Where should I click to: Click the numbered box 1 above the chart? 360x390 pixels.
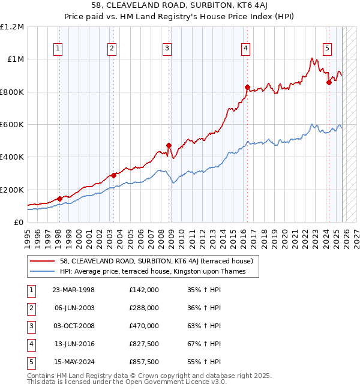point(59,49)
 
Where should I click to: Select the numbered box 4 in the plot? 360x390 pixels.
point(246,49)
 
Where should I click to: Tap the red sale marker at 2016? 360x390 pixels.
point(247,87)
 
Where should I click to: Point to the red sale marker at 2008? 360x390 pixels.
point(169,145)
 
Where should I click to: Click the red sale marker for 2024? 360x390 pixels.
point(328,83)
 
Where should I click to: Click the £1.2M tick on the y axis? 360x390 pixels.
point(12,27)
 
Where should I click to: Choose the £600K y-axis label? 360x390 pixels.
point(12,125)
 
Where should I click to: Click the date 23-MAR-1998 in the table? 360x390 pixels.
point(74,290)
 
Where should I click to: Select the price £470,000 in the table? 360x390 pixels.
point(144,326)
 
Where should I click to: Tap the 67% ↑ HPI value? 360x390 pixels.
point(204,344)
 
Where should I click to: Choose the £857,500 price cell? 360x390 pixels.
point(144,362)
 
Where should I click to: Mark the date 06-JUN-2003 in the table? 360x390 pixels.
point(74,308)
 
